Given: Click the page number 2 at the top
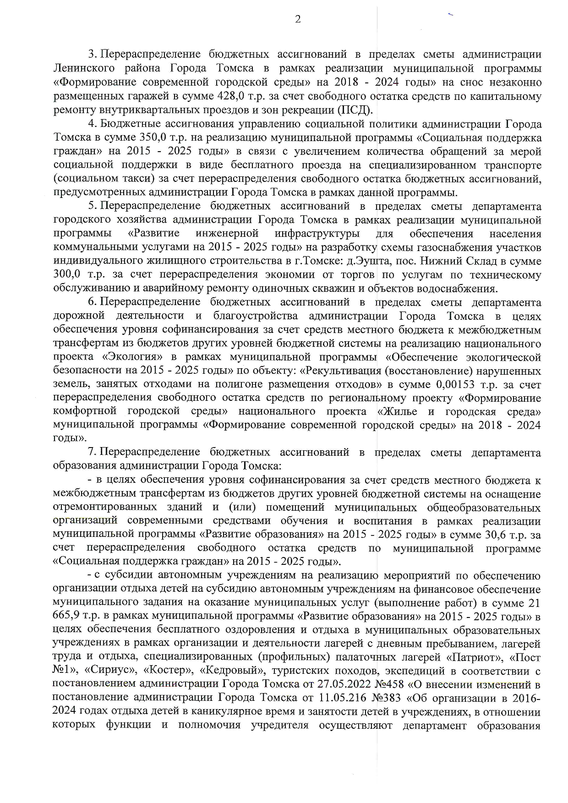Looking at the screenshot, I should [x=298, y=19].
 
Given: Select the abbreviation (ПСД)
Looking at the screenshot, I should [x=355, y=110].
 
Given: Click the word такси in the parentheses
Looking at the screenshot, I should [x=147, y=179].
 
